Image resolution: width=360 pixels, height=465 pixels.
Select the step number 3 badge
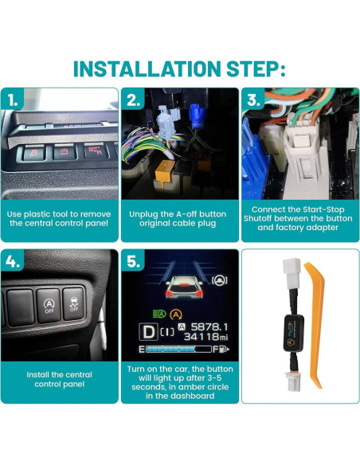tap(253, 101)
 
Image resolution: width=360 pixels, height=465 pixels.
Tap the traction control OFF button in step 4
tap(74, 302)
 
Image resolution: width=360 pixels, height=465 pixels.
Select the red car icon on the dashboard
tap(180, 286)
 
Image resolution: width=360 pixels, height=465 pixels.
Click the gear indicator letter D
tap(148, 330)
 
